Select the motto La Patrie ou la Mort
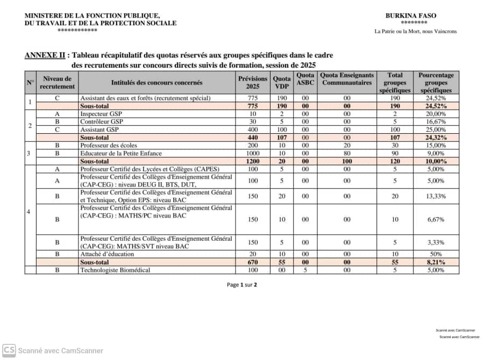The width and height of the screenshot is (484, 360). (x=415, y=31)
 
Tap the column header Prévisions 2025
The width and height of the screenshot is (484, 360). (x=252, y=83)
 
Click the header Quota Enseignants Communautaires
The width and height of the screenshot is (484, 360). (x=347, y=79)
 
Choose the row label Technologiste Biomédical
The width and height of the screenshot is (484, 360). (x=115, y=270)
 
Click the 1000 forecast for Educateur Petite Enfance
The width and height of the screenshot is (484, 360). (x=253, y=153)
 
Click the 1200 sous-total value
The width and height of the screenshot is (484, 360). (x=253, y=161)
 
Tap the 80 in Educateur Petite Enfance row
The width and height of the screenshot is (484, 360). (x=347, y=153)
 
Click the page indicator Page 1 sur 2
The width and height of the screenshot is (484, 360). (x=242, y=285)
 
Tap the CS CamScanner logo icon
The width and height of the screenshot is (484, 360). (x=9, y=350)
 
